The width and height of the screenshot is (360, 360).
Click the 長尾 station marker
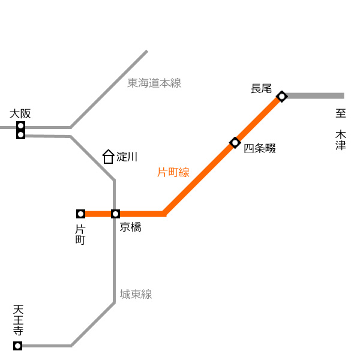[x=282, y=97]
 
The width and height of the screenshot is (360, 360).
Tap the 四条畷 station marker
[x=235, y=143]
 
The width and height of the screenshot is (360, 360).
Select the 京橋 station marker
[x=115, y=214]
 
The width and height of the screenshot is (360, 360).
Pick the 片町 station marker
[x=80, y=214]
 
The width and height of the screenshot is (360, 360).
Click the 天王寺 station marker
[x=17, y=346]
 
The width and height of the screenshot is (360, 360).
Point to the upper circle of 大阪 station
[x=20, y=126]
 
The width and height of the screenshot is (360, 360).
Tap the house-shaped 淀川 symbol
[x=108, y=157]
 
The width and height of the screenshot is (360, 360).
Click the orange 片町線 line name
[x=173, y=172]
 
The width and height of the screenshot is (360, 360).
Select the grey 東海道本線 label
[x=154, y=83]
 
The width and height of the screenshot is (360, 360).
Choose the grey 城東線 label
[x=136, y=294]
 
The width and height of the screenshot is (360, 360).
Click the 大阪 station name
[x=20, y=113]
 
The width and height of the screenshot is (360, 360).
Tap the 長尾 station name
[x=261, y=89]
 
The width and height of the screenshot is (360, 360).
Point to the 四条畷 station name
[x=260, y=148]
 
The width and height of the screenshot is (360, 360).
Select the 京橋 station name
[x=130, y=227]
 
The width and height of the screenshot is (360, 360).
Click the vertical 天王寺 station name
[x=18, y=320]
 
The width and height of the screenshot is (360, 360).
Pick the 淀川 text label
[x=127, y=157]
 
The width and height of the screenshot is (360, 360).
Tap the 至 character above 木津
[x=341, y=113]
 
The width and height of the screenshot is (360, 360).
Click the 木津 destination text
[x=341, y=140]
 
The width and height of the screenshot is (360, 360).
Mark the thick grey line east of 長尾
[x=315, y=96]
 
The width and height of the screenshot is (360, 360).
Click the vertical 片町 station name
[x=80, y=235]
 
